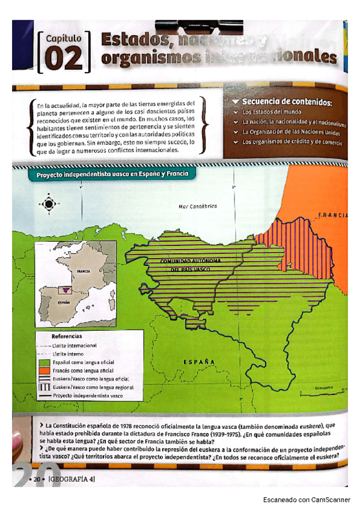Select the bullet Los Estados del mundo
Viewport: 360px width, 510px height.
[x=272, y=112]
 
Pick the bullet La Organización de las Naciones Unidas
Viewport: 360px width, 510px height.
[x=291, y=131]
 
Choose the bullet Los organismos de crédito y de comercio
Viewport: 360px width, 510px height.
[x=292, y=142]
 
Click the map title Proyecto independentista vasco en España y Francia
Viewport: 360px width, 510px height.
[x=112, y=174]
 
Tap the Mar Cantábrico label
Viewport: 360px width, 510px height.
[x=198, y=206]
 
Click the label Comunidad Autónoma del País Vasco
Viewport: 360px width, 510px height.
[x=191, y=265]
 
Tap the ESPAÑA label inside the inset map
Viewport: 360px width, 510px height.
[x=64, y=304]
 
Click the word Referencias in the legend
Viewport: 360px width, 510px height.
[x=67, y=336]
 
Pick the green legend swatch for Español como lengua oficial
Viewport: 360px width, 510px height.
[x=43, y=363]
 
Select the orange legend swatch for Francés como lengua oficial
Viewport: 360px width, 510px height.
[x=43, y=371]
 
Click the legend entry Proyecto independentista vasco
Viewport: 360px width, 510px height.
[x=87, y=396]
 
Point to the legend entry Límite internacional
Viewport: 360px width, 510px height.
[x=75, y=346]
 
